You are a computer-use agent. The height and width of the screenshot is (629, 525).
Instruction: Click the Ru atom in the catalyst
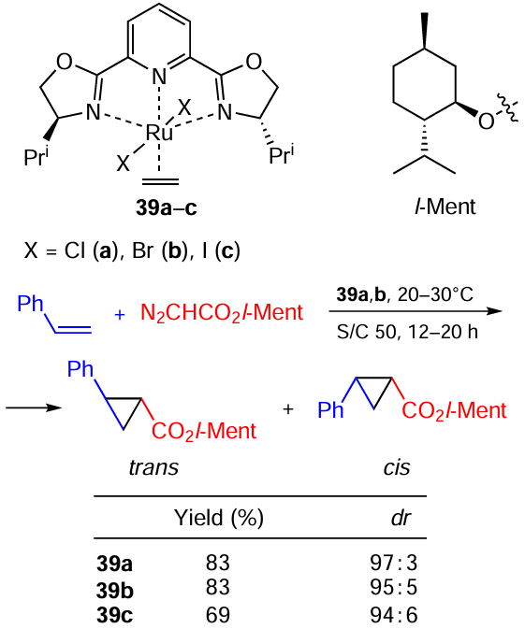click(x=159, y=133)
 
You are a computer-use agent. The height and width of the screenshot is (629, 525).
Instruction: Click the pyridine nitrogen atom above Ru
click(x=159, y=77)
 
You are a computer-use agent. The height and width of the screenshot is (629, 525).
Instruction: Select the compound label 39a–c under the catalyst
click(x=167, y=207)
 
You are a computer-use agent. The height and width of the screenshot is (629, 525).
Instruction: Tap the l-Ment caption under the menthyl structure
click(x=445, y=207)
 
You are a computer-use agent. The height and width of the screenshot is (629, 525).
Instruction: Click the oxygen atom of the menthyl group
click(x=486, y=121)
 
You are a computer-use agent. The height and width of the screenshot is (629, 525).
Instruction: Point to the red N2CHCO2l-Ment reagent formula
click(x=222, y=313)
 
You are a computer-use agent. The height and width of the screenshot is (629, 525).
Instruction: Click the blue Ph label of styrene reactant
click(x=30, y=304)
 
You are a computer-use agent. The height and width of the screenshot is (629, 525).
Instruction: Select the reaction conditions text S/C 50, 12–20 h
click(x=407, y=332)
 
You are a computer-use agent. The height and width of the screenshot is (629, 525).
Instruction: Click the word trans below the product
click(x=153, y=467)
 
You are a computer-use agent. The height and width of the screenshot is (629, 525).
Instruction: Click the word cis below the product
click(x=397, y=467)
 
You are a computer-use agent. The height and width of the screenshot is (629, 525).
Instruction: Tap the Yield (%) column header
click(x=218, y=518)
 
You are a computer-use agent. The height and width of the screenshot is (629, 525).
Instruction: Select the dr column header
click(x=401, y=518)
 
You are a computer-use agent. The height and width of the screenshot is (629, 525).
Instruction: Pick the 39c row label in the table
click(x=114, y=615)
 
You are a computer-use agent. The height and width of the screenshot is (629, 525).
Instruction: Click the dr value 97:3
click(x=394, y=563)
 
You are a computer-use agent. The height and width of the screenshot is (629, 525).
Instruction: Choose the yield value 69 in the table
click(x=218, y=615)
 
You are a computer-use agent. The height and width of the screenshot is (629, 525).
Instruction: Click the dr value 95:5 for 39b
click(x=394, y=587)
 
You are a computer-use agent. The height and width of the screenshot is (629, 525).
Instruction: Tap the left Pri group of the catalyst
click(x=36, y=156)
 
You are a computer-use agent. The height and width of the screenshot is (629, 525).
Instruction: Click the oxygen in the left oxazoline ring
click(x=65, y=63)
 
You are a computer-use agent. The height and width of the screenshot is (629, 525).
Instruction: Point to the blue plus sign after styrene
click(x=120, y=315)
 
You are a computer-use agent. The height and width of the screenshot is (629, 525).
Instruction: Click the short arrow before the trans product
click(x=34, y=408)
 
